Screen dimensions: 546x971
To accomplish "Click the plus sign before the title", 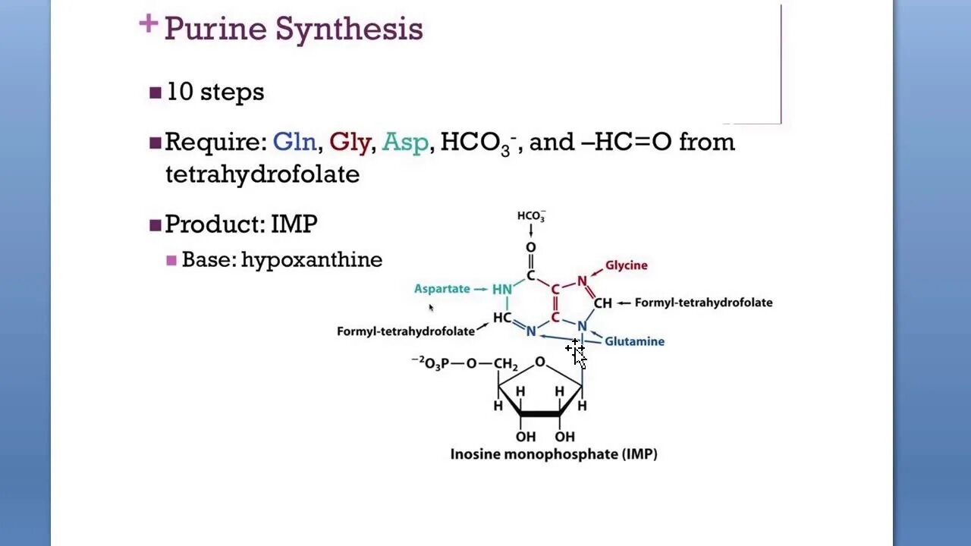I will tap(148, 24).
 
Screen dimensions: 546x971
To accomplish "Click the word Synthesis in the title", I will tap(348, 30).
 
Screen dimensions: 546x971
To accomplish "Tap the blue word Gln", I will tap(294, 142).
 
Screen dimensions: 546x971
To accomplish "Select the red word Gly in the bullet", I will tap(350, 142).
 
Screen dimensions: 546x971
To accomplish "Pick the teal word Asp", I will tap(405, 142).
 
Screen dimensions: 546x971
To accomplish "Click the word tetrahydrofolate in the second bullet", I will tap(262, 174).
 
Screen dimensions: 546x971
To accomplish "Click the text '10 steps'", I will tap(215, 92).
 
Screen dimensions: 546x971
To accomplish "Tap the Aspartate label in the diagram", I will tap(442, 289).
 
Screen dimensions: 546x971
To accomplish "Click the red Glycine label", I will tap(626, 265).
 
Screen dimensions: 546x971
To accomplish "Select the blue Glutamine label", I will tap(634, 341).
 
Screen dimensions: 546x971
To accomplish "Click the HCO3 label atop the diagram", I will tap(531, 216).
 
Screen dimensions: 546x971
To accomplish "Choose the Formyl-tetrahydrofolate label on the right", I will tap(703, 303).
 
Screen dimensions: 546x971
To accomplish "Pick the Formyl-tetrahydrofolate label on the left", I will tap(406, 331).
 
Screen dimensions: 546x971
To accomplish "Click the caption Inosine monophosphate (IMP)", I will tap(554, 455).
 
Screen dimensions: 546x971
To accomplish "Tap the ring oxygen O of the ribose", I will tap(539, 362).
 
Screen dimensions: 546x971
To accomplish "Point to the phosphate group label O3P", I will tap(435, 364).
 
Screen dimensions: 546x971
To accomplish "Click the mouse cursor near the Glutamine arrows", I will tap(578, 354).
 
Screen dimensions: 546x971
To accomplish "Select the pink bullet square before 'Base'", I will tap(171, 260).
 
